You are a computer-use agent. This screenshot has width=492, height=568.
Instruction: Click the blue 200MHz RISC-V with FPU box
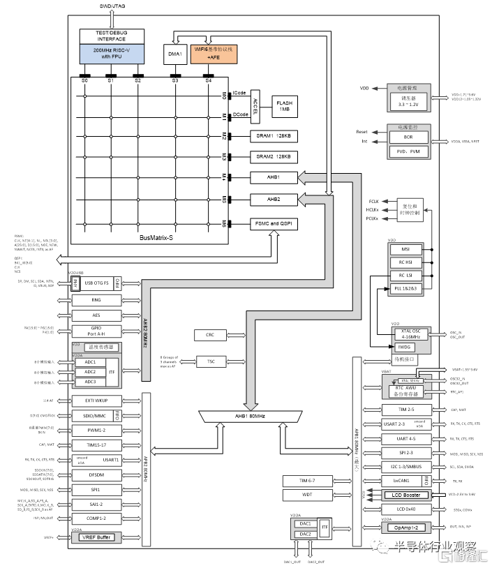[112, 54]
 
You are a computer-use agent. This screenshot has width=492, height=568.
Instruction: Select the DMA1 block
[175, 54]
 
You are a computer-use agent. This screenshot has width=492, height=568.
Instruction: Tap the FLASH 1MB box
[285, 105]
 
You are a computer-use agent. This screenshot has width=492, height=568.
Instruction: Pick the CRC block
[210, 336]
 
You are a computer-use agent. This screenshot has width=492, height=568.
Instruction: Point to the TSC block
[210, 361]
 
